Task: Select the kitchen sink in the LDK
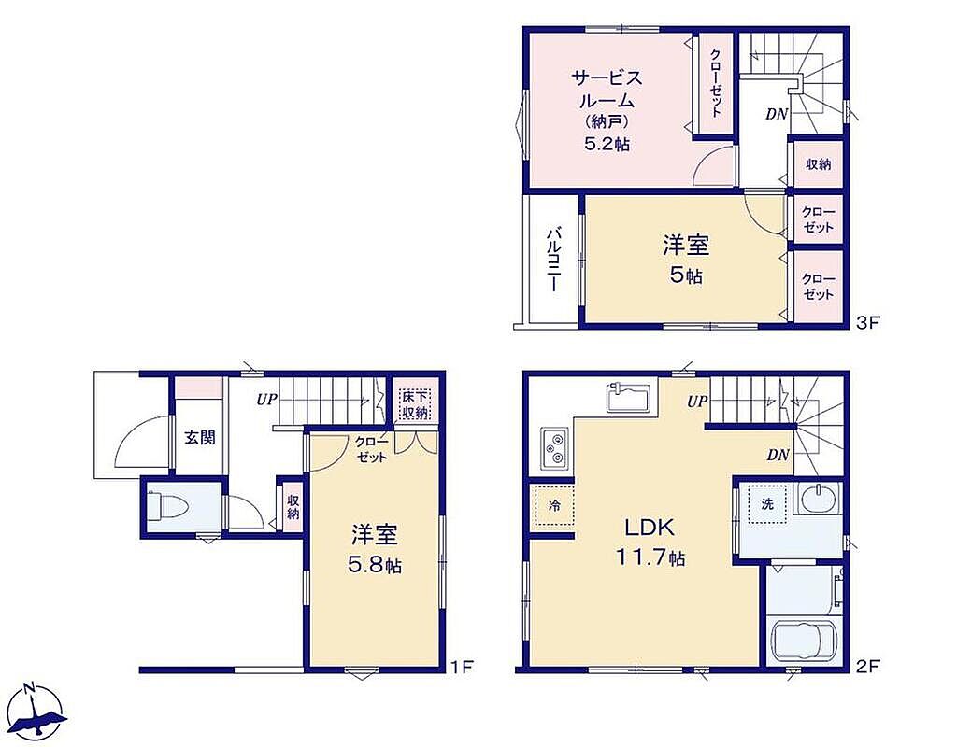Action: pyautogui.click(x=629, y=398)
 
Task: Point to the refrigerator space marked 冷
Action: pyautogui.click(x=554, y=505)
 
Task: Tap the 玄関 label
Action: pyautogui.click(x=200, y=437)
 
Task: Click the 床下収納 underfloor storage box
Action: pyautogui.click(x=415, y=404)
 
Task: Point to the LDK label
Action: pyautogui.click(x=649, y=528)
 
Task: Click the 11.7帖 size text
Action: pyautogui.click(x=650, y=557)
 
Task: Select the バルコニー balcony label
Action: pyautogui.click(x=553, y=260)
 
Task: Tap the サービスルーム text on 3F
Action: pyautogui.click(x=607, y=89)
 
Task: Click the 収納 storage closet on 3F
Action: pyautogui.click(x=819, y=164)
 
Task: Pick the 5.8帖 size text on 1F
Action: pyautogui.click(x=375, y=565)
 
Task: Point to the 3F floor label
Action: pyautogui.click(x=868, y=322)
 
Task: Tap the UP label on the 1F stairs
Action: pyautogui.click(x=266, y=400)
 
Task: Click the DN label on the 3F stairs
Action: pyautogui.click(x=777, y=113)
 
